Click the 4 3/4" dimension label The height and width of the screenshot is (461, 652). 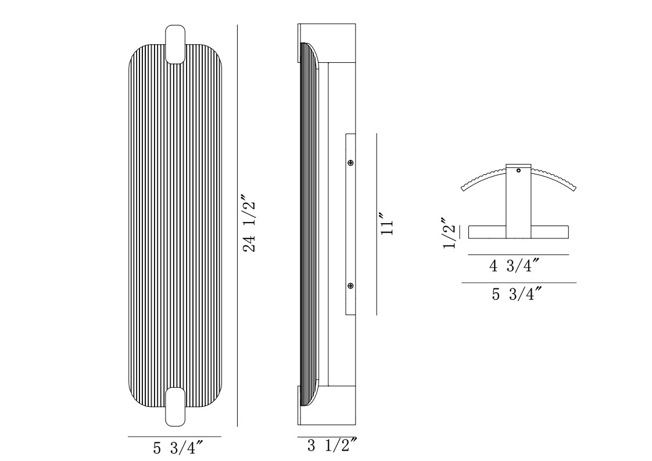point(515,265)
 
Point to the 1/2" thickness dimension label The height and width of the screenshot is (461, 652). point(450,233)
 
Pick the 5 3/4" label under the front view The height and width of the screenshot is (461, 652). point(178,448)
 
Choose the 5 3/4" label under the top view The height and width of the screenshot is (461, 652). point(517,294)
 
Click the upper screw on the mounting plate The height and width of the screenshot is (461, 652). point(350,162)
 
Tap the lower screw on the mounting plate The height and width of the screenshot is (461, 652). point(350,285)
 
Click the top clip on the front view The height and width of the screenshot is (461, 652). point(175,44)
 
